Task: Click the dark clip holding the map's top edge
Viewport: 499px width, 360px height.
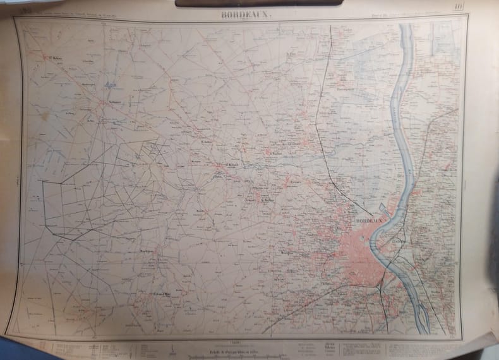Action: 259,3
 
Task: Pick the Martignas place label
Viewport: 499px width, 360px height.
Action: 148,251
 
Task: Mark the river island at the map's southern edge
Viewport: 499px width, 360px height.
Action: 422,316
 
